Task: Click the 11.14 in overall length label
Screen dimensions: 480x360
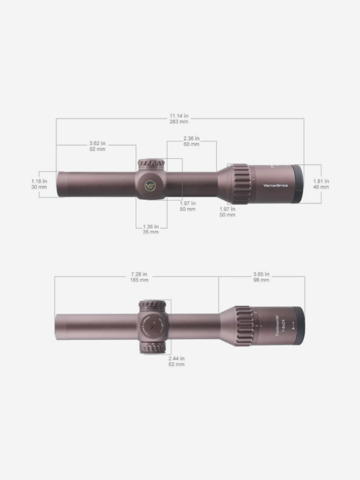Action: pyautogui.click(x=179, y=118)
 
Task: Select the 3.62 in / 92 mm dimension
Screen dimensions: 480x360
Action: pyautogui.click(x=97, y=146)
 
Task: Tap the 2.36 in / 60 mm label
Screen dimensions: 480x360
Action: pyautogui.click(x=191, y=141)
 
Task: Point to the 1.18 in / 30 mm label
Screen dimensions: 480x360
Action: pyautogui.click(x=39, y=184)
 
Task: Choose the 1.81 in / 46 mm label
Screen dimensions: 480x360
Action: pyautogui.click(x=321, y=184)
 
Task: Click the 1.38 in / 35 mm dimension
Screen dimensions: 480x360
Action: pyautogui.click(x=150, y=229)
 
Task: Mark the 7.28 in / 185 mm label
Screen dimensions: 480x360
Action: pyautogui.click(x=139, y=277)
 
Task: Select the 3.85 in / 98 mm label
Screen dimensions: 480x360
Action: pyautogui.click(x=261, y=277)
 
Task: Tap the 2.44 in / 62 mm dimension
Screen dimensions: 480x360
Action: pyautogui.click(x=176, y=361)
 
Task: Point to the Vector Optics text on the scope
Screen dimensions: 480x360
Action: pyautogui.click(x=276, y=185)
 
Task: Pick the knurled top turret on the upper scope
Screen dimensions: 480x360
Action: pyautogui.click(x=151, y=164)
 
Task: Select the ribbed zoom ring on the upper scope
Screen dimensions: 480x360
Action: pyautogui.click(x=241, y=184)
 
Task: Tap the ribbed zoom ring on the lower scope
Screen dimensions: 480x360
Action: pyautogui.click(x=244, y=326)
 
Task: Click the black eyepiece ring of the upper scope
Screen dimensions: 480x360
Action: pyautogui.click(x=297, y=184)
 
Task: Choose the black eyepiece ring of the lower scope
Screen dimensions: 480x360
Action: pyautogui.click(x=299, y=326)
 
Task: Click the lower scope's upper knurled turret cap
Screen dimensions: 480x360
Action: pyautogui.click(x=152, y=305)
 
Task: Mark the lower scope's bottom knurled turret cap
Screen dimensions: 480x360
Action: pyautogui.click(x=152, y=347)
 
